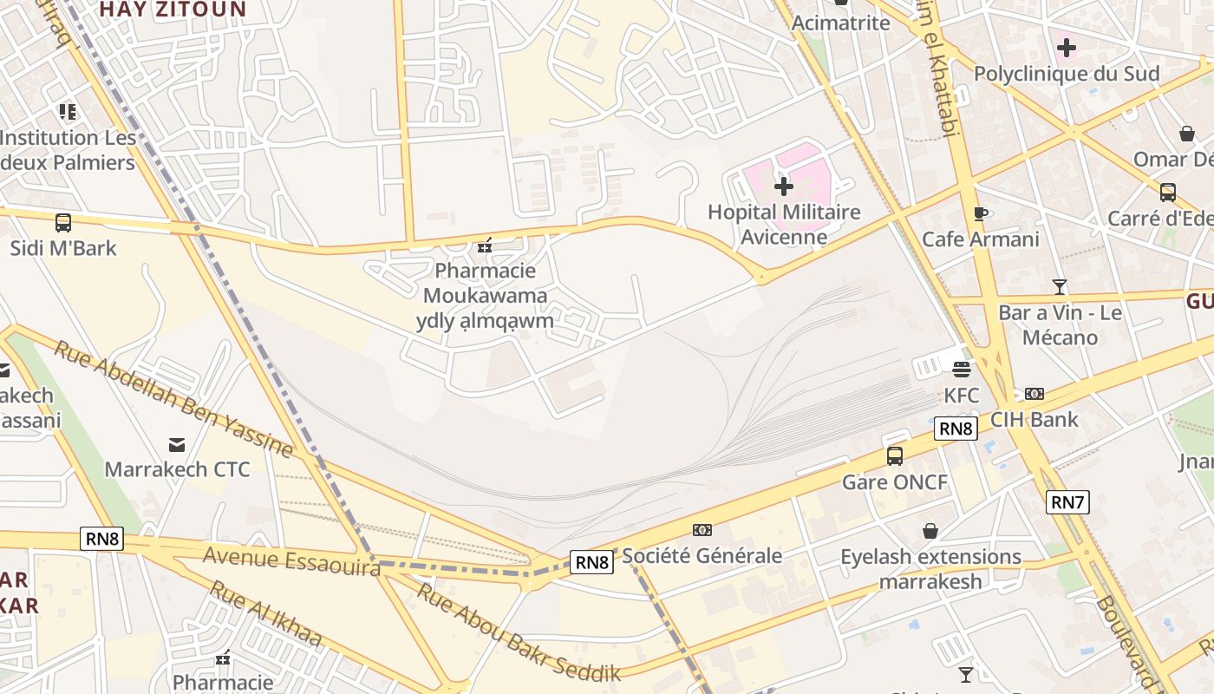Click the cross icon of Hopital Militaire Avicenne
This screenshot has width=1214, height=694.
click(784, 187)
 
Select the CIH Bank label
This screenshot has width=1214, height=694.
click(1035, 420)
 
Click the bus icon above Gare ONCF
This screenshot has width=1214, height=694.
click(895, 456)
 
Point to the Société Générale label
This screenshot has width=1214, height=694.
click(702, 555)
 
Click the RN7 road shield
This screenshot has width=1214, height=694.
click(1067, 501)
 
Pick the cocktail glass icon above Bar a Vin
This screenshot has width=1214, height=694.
click(1059, 287)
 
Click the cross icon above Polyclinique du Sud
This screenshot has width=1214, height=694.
click(1067, 48)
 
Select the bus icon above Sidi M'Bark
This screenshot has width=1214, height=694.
click(63, 223)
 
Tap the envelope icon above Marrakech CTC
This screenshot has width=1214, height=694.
click(177, 445)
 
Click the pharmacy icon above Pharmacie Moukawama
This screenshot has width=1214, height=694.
click(485, 246)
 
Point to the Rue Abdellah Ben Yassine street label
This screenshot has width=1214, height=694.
click(173, 398)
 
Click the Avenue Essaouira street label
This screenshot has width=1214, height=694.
click(291, 560)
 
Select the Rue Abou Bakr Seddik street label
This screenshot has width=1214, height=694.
click(519, 632)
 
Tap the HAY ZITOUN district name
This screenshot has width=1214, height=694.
click(173, 10)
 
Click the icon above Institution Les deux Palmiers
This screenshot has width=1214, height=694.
click(68, 112)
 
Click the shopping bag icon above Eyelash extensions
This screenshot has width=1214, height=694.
click(930, 531)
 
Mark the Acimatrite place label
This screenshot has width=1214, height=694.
click(840, 23)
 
